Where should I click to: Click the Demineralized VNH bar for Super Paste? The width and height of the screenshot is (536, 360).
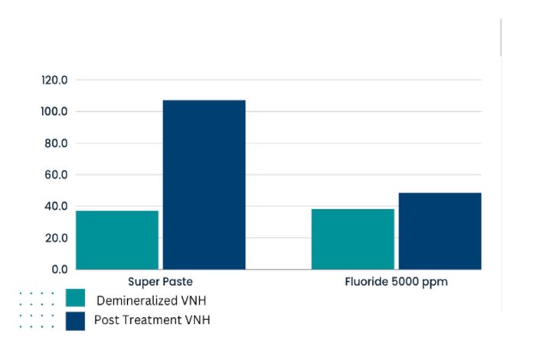pyautogui.click(x=117, y=240)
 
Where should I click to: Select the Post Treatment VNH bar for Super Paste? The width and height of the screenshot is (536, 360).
pyautogui.click(x=204, y=185)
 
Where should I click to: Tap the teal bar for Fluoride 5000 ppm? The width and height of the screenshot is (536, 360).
pyautogui.click(x=352, y=239)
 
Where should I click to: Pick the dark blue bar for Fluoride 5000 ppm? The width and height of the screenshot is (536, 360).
pyautogui.click(x=440, y=231)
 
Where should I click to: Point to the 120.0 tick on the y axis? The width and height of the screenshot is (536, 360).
pyautogui.click(x=54, y=80)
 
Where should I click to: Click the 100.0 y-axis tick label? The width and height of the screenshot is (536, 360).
pyautogui.click(x=54, y=112)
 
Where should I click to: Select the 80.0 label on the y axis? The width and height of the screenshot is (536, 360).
pyautogui.click(x=56, y=143)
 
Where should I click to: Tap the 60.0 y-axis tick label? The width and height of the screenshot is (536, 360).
pyautogui.click(x=56, y=175)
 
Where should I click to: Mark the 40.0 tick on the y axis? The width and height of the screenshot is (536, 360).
pyautogui.click(x=56, y=207)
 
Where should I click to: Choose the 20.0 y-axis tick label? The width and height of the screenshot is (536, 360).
pyautogui.click(x=56, y=238)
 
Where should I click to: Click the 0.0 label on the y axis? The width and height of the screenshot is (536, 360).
pyautogui.click(x=59, y=270)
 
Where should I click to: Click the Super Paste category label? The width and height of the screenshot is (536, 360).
pyautogui.click(x=160, y=282)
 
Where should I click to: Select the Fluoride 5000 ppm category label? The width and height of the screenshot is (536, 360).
pyautogui.click(x=396, y=282)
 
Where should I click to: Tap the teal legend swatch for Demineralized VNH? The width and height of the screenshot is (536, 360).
pyautogui.click(x=75, y=299)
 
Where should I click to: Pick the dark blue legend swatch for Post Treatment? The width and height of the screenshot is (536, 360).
pyautogui.click(x=75, y=320)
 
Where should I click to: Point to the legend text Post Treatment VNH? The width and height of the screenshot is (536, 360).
pyautogui.click(x=151, y=320)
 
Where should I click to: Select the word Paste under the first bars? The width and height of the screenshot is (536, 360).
pyautogui.click(x=176, y=282)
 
